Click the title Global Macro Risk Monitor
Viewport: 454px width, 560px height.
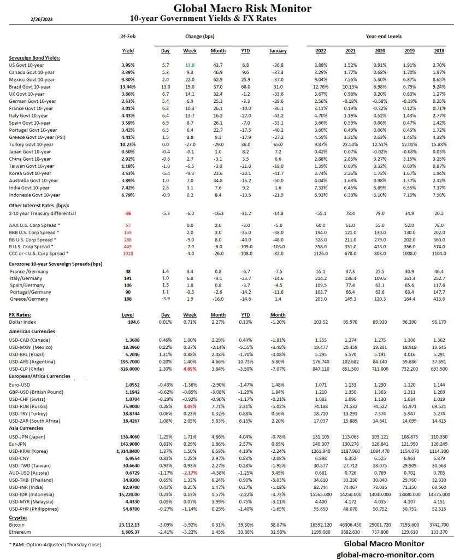click(242, 8)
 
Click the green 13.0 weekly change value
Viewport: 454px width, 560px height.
click(190, 65)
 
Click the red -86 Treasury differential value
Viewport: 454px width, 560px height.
click(129, 213)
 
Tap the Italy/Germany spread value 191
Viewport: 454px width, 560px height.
click(128, 278)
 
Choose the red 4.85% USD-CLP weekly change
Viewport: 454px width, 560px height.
click(189, 370)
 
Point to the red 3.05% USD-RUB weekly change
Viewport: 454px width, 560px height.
click(189, 406)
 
